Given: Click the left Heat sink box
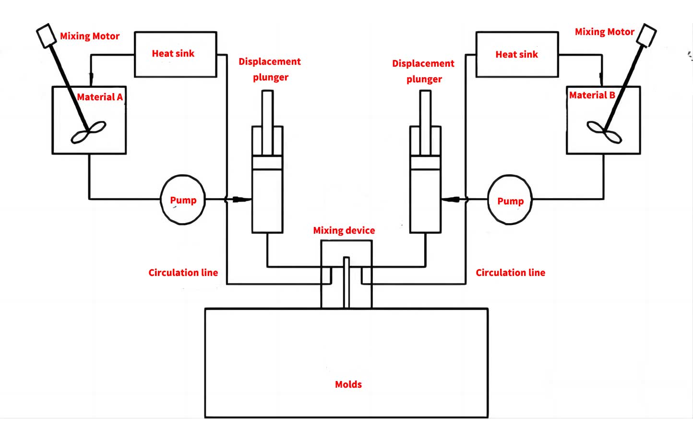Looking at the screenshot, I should tap(175, 54).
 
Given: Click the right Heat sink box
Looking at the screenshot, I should tap(517, 54).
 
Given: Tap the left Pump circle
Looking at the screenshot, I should tap(183, 200).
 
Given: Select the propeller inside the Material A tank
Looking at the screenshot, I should tap(88, 133).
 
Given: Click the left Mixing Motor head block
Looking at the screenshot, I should tap(47, 36).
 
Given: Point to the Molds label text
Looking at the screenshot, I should tap(348, 384).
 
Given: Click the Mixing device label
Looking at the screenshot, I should tap(344, 230).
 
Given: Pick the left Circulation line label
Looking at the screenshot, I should tap(183, 273).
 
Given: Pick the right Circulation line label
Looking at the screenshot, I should tap(510, 273).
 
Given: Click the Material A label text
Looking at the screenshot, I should tap(100, 97).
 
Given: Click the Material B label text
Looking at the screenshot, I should tap(592, 95).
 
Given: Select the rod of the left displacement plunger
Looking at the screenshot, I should tap(267, 120).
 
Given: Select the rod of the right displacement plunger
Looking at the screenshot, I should tap(425, 120).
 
